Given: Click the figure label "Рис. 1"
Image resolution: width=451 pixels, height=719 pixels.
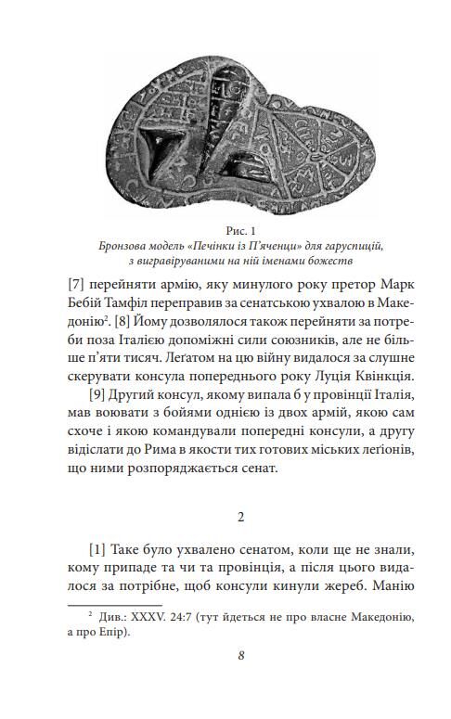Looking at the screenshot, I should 225,230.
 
